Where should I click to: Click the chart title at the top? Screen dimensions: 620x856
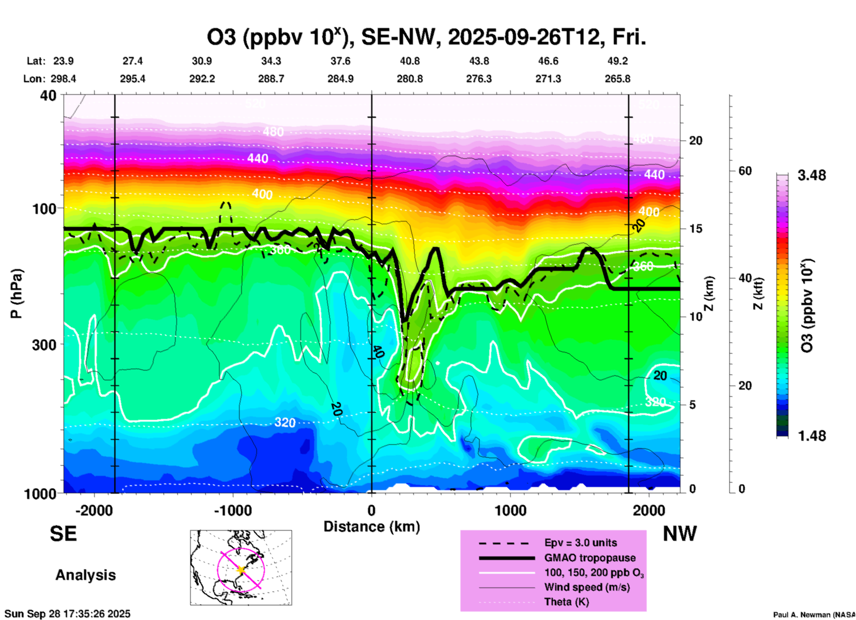[x=426, y=37]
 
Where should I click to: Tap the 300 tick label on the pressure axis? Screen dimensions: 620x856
[x=44, y=345]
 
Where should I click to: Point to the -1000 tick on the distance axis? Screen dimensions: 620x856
[x=232, y=510]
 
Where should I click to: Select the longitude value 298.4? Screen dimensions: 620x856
[x=63, y=79]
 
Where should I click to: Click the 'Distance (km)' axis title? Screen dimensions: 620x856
[x=372, y=527]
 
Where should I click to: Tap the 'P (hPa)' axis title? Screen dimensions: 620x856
[x=16, y=294]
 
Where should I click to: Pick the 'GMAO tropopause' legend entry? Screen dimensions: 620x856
[x=590, y=558]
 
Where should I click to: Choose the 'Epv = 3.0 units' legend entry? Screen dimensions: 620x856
[x=580, y=543]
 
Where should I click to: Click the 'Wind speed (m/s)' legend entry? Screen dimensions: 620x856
[x=587, y=587]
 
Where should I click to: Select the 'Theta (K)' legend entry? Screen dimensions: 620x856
[x=566, y=602]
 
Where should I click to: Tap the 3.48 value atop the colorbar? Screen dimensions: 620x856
[x=812, y=175]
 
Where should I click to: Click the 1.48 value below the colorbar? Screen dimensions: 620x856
[x=812, y=436]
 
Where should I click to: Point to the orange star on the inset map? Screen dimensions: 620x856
[x=241, y=570]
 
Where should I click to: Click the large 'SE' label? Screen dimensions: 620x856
[x=64, y=534]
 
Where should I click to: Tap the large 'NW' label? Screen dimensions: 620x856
[x=680, y=534]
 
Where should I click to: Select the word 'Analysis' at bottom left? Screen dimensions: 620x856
[x=85, y=575]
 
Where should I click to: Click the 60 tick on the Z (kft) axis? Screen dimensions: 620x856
[x=745, y=171]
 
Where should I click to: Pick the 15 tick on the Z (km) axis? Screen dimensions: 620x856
[x=695, y=229]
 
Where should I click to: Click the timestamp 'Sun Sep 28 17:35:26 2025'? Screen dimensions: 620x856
[x=68, y=614]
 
